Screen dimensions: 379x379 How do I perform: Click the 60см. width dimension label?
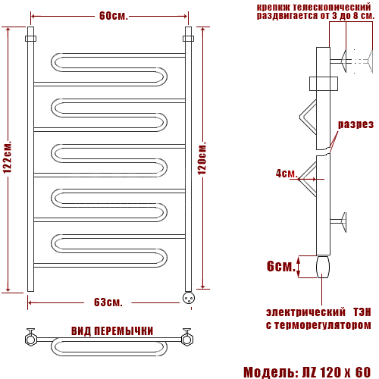(x=114, y=16)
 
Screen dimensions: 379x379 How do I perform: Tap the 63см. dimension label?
(x=108, y=302)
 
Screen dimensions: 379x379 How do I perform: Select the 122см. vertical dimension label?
(x=8, y=157)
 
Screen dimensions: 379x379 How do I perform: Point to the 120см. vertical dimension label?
(x=202, y=158)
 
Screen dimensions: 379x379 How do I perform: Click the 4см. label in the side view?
(x=287, y=174)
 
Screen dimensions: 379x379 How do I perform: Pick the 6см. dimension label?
(x=281, y=266)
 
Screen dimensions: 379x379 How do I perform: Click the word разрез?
(x=356, y=124)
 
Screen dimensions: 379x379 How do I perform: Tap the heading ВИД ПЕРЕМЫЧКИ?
(x=112, y=331)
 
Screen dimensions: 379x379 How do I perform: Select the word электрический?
(x=305, y=312)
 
